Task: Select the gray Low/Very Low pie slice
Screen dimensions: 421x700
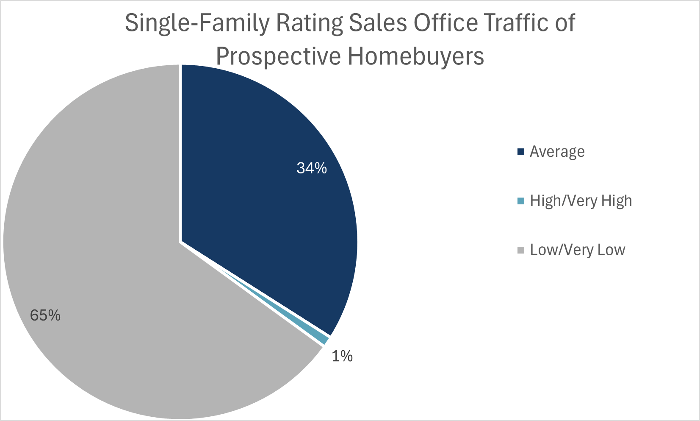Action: pyautogui.click(x=106, y=254)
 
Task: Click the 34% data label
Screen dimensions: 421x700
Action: pyautogui.click(x=312, y=168)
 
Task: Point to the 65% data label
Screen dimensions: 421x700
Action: pyautogui.click(x=45, y=315)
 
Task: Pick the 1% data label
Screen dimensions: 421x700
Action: pyautogui.click(x=342, y=357)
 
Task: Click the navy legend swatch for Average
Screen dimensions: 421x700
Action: pyautogui.click(x=521, y=152)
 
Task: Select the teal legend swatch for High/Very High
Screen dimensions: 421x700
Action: pyautogui.click(x=521, y=201)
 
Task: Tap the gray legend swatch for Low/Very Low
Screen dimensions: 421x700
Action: pyautogui.click(x=521, y=250)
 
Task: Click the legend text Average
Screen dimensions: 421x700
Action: pyautogui.click(x=557, y=152)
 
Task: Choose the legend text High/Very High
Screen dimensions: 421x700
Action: pyautogui.click(x=581, y=201)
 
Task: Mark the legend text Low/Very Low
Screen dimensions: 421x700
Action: pyautogui.click(x=577, y=250)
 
